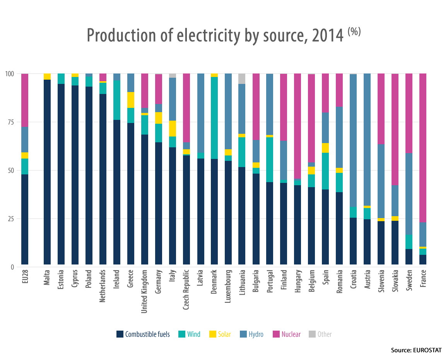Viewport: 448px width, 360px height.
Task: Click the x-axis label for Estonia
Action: pyautogui.click(x=61, y=279)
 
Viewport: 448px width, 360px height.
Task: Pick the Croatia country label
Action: pyautogui.click(x=353, y=278)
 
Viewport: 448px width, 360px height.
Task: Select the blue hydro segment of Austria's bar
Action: pyautogui.click(x=367, y=139)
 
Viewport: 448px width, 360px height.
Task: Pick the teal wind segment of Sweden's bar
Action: pyautogui.click(x=409, y=242)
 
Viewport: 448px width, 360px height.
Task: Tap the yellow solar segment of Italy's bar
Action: pyautogui.click(x=172, y=128)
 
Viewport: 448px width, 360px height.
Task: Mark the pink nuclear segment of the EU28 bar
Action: pyautogui.click(x=25, y=100)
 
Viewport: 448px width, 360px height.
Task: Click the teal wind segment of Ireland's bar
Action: pyautogui.click(x=116, y=100)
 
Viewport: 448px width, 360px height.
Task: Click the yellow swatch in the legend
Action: pyautogui.click(x=212, y=334)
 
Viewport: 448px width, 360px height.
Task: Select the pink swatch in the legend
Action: pyautogui.click(x=276, y=334)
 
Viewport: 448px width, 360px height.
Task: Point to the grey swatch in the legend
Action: pyautogui.click(x=312, y=334)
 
